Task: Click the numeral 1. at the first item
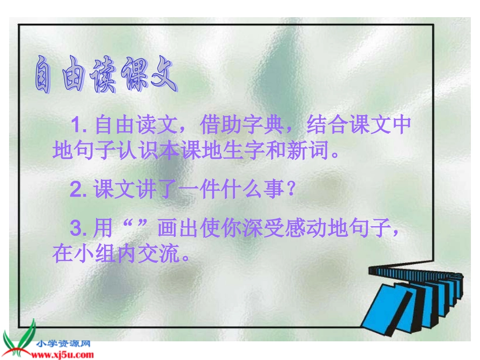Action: (x=80, y=125)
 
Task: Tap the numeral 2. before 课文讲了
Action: (x=80, y=191)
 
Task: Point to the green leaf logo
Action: (x=18, y=337)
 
